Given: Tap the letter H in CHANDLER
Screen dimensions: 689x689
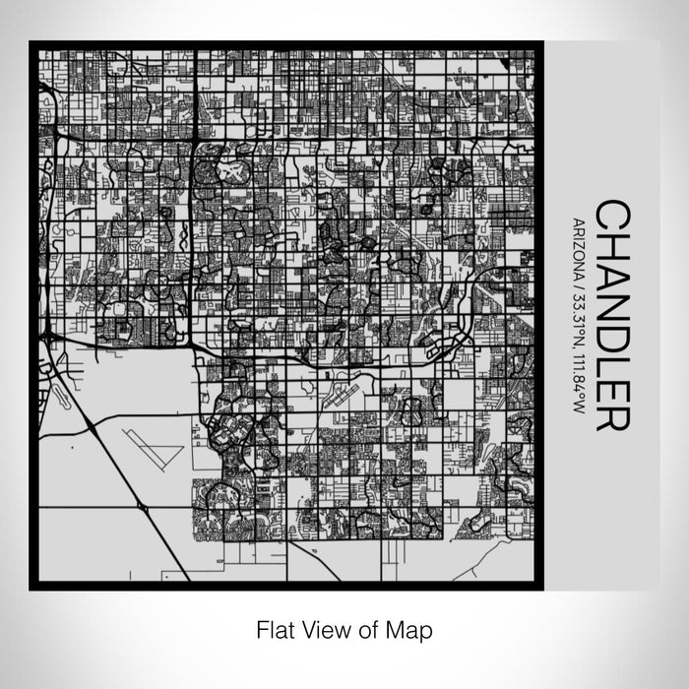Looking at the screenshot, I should [x=613, y=250].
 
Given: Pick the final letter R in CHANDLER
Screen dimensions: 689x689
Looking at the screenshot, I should [x=613, y=413].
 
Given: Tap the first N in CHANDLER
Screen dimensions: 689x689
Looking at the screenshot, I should [x=613, y=285].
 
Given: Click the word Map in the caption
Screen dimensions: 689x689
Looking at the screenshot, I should [x=412, y=628].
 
